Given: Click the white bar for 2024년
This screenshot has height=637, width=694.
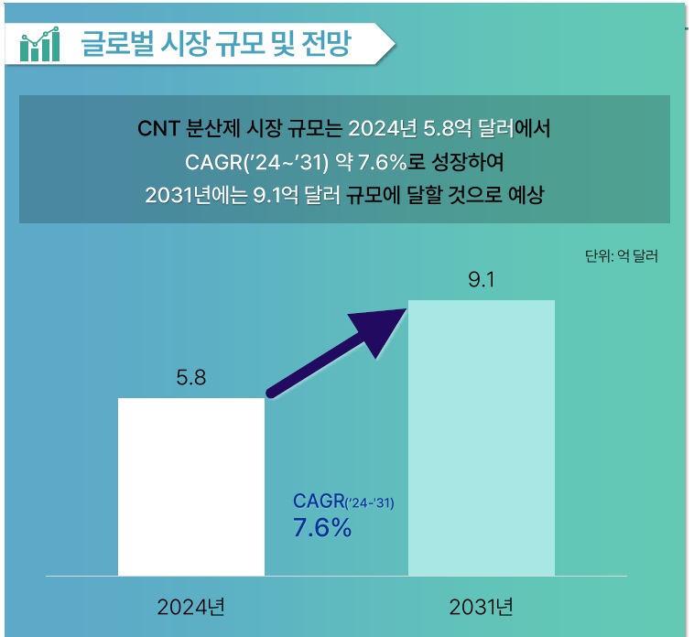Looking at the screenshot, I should click(190, 486).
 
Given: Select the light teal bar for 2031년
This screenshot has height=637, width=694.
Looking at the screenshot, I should click(481, 437).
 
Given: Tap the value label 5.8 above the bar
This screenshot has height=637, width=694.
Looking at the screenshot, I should click(190, 376).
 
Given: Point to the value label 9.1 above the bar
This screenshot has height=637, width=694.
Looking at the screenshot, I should click(481, 280).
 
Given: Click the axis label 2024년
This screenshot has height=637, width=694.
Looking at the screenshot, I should click(190, 607).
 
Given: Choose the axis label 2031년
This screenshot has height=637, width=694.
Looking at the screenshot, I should click(481, 607).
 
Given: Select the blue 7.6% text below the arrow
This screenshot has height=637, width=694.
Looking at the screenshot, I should click(322, 528).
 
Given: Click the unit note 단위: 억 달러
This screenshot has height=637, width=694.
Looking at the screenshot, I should click(621, 256).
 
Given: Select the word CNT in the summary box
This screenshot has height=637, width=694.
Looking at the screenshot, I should click(157, 128).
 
